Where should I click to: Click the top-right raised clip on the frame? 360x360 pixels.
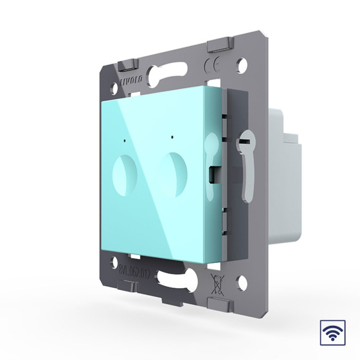(219, 46)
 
